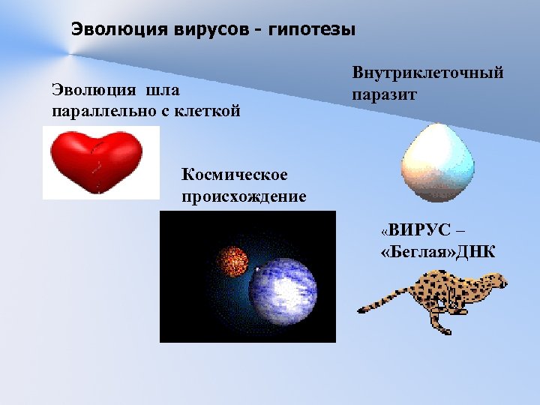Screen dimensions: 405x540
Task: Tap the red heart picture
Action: point(95,160)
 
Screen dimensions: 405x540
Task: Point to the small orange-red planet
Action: point(232,261)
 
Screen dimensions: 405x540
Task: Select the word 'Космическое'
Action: point(234,175)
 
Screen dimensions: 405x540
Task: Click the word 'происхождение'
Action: point(244,197)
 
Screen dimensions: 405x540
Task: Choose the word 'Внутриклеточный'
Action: point(427,73)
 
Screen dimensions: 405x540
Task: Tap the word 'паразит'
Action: point(384,95)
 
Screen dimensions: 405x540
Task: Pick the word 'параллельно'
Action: point(93,112)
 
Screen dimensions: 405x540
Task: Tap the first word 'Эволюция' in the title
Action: point(103,30)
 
